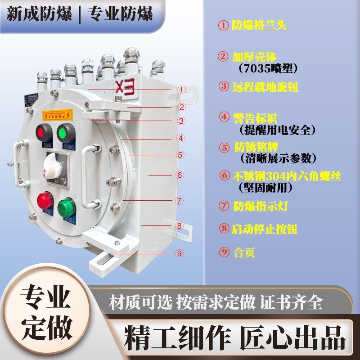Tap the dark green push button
point(66,132)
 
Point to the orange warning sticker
point(57,115)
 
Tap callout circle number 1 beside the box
point(181,90)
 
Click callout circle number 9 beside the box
point(179,253)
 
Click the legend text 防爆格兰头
point(259,25)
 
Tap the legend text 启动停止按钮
point(265,229)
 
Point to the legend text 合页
point(244,252)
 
